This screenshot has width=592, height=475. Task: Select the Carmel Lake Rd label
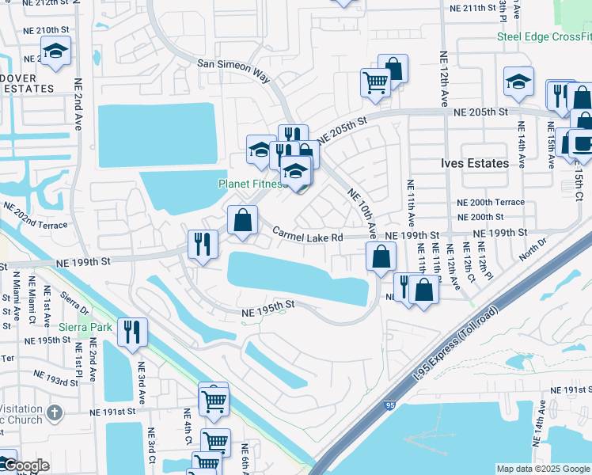coord(308,236)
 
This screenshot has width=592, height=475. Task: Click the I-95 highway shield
coord(391,405)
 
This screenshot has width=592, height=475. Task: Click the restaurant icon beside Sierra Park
coord(131,331)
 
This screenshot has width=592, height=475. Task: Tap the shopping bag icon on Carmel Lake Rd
coord(243,219)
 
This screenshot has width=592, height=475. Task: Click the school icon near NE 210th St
coord(55,51)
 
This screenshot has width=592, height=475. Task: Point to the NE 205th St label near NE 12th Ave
coord(480,112)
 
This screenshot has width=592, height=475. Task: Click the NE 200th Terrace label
coord(491,202)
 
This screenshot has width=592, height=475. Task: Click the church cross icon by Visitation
coord(54,412)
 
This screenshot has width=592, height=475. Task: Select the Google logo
coord(25,466)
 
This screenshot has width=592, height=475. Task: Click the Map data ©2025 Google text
coord(542,469)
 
